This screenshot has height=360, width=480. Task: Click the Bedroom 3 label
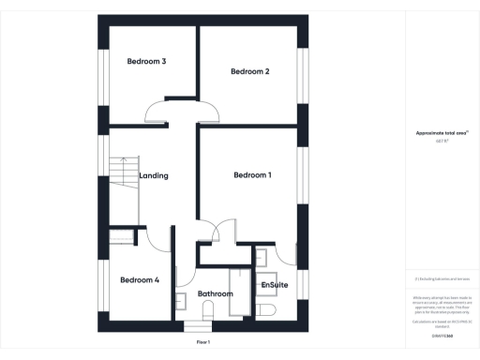click(x=146, y=62)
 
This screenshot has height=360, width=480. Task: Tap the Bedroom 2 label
click(x=250, y=71)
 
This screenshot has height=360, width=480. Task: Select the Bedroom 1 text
click(x=252, y=175)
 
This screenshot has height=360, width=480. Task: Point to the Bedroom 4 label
click(x=140, y=279)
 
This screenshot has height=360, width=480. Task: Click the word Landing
click(x=154, y=175)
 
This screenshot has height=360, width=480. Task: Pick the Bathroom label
click(x=215, y=294)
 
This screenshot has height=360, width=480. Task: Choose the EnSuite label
click(x=275, y=284)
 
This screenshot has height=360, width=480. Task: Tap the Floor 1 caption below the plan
click(x=203, y=344)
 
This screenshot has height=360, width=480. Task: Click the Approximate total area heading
click(x=441, y=133)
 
